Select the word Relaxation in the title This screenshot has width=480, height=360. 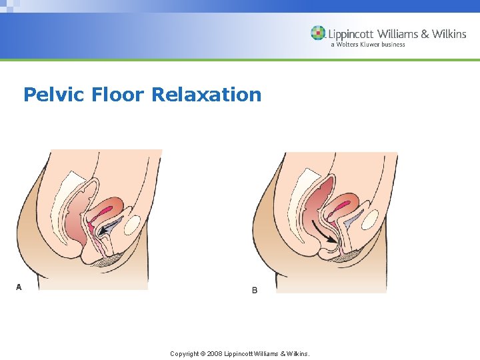[207, 95]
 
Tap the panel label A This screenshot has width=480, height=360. [19, 287]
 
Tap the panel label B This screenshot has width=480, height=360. [255, 291]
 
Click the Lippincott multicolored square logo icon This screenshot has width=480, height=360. [318, 33]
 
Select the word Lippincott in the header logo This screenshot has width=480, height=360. [351, 33]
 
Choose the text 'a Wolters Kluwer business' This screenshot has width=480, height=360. [367, 45]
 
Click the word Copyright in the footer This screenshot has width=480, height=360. [185, 353]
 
